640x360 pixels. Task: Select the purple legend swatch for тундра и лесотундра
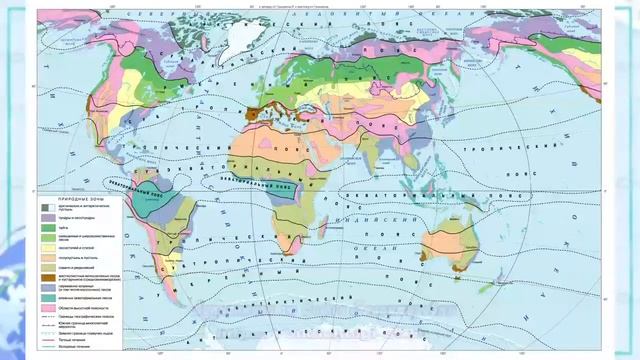pos(47,218)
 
